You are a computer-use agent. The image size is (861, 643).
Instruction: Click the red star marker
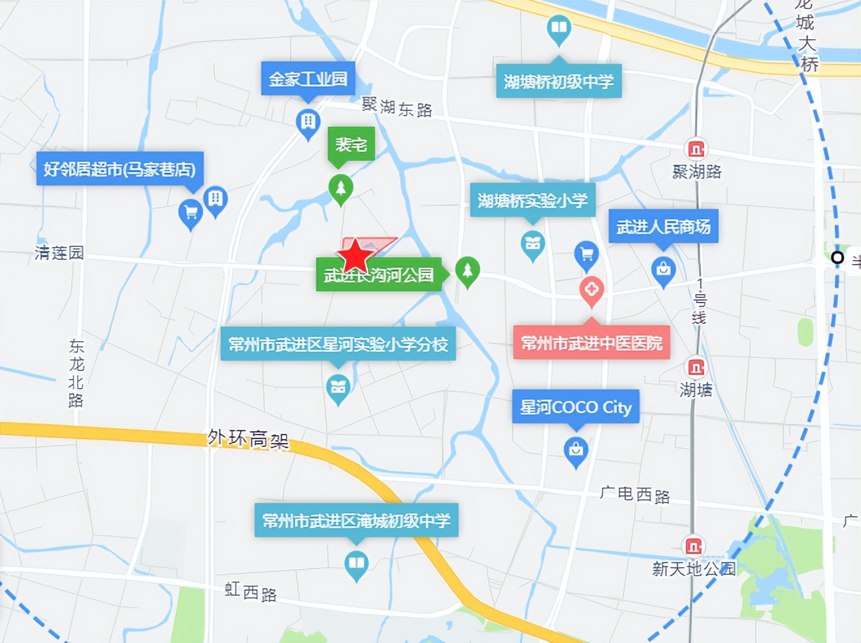click(355, 255)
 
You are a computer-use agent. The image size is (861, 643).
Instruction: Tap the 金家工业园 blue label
click(308, 79)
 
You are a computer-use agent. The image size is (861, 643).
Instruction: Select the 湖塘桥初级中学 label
click(559, 81)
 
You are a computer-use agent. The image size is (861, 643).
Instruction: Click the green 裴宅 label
click(351, 144)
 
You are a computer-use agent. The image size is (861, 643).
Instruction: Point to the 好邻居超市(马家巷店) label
click(120, 169)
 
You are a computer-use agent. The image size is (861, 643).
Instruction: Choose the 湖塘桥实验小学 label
click(532, 201)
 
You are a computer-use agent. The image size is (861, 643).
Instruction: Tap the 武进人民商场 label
click(663, 227)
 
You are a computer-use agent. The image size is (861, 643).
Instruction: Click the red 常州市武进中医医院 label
click(591, 342)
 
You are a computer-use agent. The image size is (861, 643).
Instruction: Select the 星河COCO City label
click(576, 407)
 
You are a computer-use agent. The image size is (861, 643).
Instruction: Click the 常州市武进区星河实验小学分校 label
click(338, 344)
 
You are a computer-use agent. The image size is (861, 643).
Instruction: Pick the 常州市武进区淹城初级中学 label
click(356, 520)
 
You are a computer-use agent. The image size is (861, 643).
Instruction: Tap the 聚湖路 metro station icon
click(696, 150)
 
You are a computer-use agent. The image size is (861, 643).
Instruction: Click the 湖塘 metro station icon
click(696, 368)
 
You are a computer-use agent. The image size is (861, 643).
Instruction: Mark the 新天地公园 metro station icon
click(693, 546)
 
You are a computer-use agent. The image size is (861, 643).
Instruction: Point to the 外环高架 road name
click(248, 439)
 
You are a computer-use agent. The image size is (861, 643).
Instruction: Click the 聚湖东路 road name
click(397, 107)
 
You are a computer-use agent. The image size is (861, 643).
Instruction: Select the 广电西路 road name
click(635, 495)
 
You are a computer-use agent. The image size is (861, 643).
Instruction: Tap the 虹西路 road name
click(251, 592)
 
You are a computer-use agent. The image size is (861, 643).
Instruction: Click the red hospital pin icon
click(592, 289)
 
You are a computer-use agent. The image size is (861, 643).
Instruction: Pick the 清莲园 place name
click(59, 253)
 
